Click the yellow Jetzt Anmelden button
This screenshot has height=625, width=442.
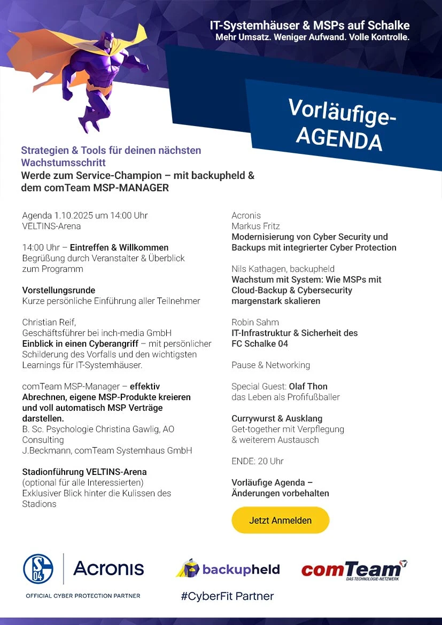[280, 520]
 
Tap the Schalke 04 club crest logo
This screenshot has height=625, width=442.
[38, 568]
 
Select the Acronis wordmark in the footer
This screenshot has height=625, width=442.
[108, 568]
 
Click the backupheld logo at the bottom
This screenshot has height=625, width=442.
[228, 569]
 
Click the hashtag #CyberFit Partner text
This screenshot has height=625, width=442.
[227, 596]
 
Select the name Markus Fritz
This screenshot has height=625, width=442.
[255, 226]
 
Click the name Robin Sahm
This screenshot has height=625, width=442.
[255, 322]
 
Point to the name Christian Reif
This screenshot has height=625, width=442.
[49, 322]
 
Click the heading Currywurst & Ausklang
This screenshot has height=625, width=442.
[277, 418]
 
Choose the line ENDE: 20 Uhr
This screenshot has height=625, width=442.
[258, 461]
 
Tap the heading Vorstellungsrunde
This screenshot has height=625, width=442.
[59, 290]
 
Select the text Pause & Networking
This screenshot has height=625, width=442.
[270, 365]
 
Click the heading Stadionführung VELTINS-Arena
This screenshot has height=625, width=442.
[84, 472]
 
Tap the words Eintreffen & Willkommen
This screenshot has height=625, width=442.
[119, 247]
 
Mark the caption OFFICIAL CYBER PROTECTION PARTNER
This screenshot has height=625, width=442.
[83, 596]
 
